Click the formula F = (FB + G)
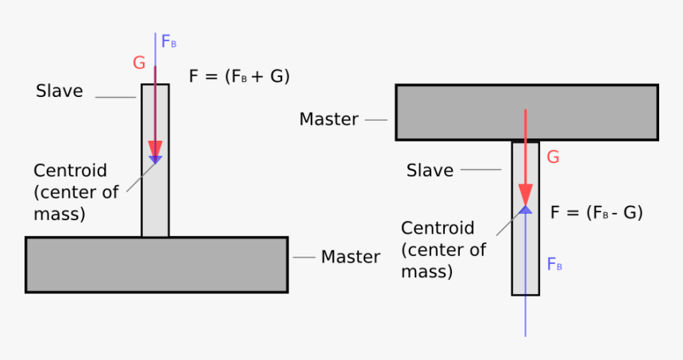239,77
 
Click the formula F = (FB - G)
596,212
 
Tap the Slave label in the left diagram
60,91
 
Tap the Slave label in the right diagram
430,170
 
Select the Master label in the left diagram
350,257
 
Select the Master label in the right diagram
329,119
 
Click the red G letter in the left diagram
140,63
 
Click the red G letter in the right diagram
554,157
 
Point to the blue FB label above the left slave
168,42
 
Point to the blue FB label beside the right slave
554,265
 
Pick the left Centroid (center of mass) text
70,192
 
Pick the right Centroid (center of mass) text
442,250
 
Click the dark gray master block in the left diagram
156,265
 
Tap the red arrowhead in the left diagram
155,150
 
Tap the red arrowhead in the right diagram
525,195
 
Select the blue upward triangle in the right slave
525,210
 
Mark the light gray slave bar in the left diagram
156,199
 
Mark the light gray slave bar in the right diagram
525,254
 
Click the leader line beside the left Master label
304,257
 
